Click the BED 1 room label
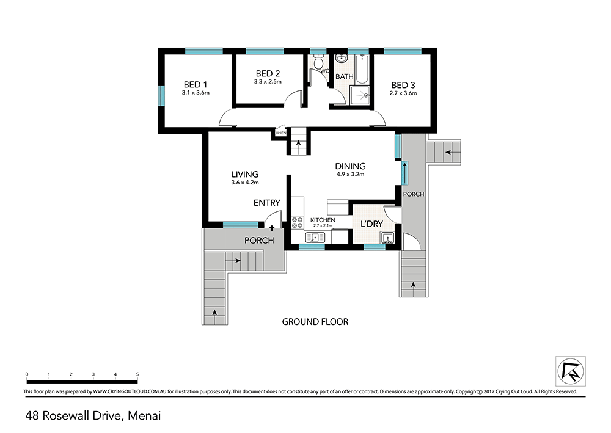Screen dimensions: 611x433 pos(196,84)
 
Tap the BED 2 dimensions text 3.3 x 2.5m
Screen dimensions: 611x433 pos(268,82)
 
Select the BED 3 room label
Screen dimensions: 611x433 pos(403,85)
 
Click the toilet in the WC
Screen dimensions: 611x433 pos(319,61)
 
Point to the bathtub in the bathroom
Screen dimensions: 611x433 pos(362,69)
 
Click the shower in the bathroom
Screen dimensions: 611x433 pos(361,95)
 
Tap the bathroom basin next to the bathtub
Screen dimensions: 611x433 pos(342,59)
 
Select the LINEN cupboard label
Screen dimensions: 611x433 pos(280,133)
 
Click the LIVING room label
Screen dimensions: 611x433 pos(245,175)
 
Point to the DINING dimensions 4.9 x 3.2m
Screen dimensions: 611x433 pos(351,175)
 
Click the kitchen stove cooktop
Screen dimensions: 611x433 pos(298,222)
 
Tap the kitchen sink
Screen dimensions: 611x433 pos(315,237)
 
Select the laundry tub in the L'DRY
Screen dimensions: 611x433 pos(387,238)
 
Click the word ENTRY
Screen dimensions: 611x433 pos(267,203)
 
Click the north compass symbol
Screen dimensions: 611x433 pos(571,371)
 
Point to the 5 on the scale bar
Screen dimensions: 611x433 pos(137,374)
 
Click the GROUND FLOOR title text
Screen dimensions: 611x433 pos(315,322)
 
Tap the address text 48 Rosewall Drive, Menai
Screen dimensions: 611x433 pos(93,416)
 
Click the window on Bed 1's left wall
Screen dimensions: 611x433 pos(161,95)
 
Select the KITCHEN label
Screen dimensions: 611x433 pos(323,220)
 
